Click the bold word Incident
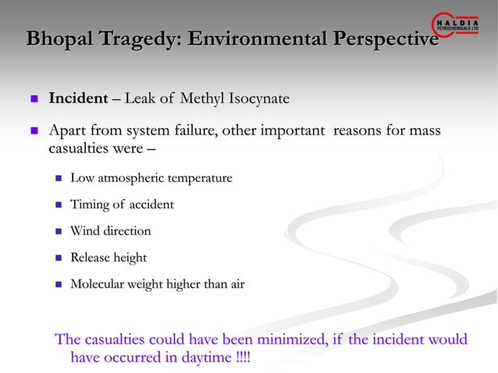(x=78, y=99)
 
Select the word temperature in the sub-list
(x=195, y=179)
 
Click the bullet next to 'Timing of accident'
(x=58, y=205)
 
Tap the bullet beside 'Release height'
(x=58, y=258)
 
